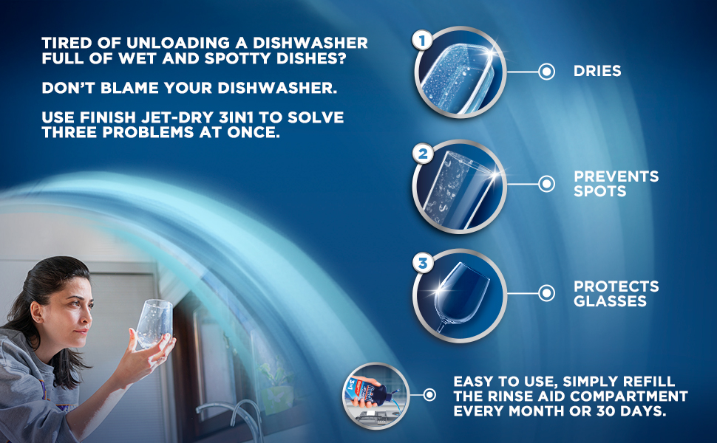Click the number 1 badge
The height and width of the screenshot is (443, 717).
tap(422, 41)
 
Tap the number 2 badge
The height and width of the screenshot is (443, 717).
tap(423, 154)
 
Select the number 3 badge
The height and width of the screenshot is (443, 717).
tap(423, 263)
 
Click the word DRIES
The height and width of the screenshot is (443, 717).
tap(597, 71)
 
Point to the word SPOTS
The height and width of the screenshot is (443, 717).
tap(600, 191)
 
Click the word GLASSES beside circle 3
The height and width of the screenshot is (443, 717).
tap(610, 301)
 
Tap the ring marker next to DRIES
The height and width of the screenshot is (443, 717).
tap(546, 72)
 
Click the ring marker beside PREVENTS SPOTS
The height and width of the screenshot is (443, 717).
tap(546, 184)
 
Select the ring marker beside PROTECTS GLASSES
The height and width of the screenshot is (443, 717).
tap(546, 293)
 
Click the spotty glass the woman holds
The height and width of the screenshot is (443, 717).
tap(154, 323)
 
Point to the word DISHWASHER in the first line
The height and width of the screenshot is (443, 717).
tap(310, 43)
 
